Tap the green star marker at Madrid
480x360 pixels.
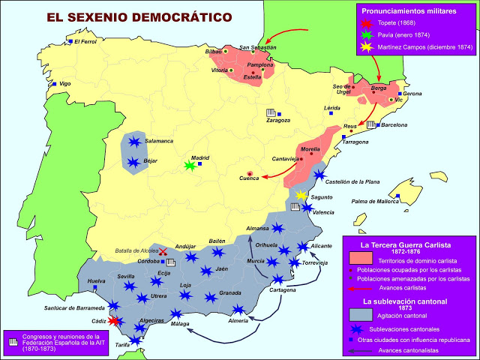click(190, 166)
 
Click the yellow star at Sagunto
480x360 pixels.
click(301, 195)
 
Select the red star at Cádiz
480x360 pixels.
click(114, 321)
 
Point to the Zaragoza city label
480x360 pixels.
click(278, 120)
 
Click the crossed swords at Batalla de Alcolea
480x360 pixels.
click(162, 252)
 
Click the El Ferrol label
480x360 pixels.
click(88, 41)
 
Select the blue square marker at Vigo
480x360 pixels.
click(53, 84)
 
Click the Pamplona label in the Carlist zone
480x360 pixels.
click(260, 64)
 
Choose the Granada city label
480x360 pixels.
click(229, 292)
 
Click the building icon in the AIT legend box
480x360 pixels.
click(12, 340)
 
